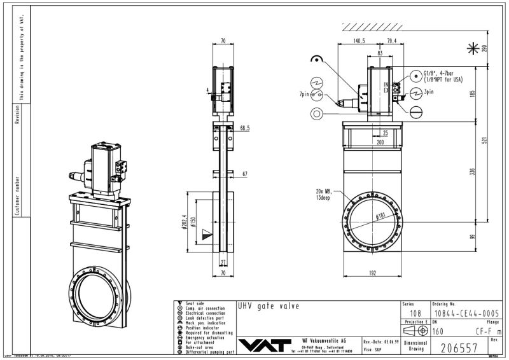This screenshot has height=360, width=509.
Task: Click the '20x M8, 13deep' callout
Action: click(x=329, y=193)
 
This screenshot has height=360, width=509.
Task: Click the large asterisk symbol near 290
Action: click(x=473, y=48)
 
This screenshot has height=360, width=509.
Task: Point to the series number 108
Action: click(x=414, y=314)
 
